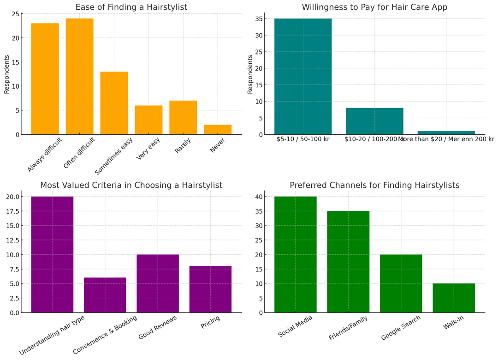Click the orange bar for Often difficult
(79, 76)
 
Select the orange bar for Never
(218, 130)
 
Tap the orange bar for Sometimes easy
(114, 103)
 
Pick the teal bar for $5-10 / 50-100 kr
(302, 76)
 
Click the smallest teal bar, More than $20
(446, 133)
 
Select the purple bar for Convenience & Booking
(105, 295)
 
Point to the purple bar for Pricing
(210, 289)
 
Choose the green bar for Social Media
(295, 254)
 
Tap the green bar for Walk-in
(453, 298)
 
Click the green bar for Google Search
(401, 283)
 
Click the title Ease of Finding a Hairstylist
(131, 7)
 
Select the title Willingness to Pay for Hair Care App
(374, 7)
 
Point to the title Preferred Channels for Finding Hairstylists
(374, 185)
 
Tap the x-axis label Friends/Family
(349, 328)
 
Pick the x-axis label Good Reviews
(158, 328)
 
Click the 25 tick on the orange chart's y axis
(15, 14)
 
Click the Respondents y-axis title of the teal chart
(250, 74)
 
